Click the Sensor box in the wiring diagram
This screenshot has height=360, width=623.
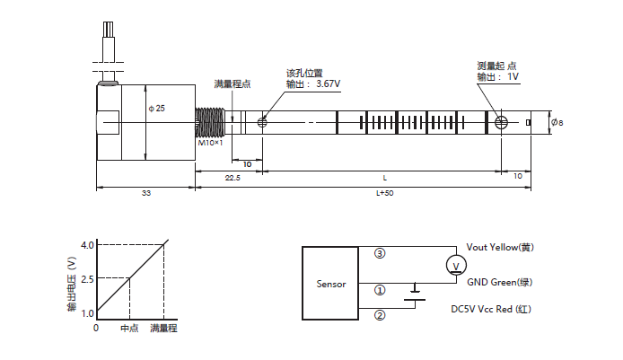[x=330, y=284]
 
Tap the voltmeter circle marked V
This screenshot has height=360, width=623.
[x=455, y=265]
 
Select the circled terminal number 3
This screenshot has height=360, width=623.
[x=379, y=254]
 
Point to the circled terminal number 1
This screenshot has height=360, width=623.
[x=379, y=291]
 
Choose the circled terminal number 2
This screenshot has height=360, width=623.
[x=379, y=315]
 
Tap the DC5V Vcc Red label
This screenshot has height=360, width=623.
[x=505, y=307]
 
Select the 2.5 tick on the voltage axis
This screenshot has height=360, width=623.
[x=87, y=278]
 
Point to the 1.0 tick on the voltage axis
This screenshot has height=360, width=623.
[x=87, y=312]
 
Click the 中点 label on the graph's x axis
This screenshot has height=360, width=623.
[x=129, y=329]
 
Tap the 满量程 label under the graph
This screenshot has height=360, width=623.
[x=164, y=329]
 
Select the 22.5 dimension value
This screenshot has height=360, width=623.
[x=232, y=178]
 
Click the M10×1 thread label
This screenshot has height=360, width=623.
[x=210, y=143]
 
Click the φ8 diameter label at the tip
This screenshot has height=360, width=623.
[x=557, y=122]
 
